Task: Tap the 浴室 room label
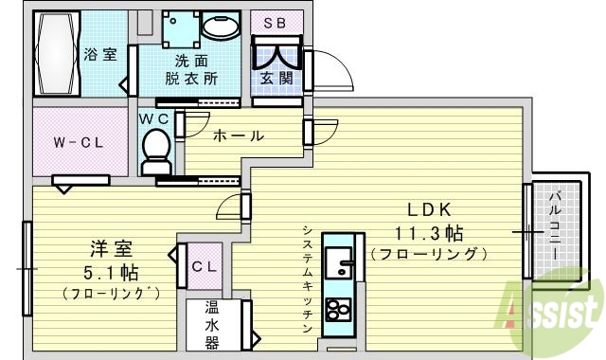[100, 54]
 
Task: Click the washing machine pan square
[179, 29]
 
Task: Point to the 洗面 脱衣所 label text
[190, 69]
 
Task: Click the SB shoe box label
[276, 22]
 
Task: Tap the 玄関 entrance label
[276, 78]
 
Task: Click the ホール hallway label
[239, 135]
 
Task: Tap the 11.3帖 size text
[429, 232]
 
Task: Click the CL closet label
[205, 266]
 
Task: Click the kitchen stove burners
[337, 310]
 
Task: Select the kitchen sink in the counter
[338, 261]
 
